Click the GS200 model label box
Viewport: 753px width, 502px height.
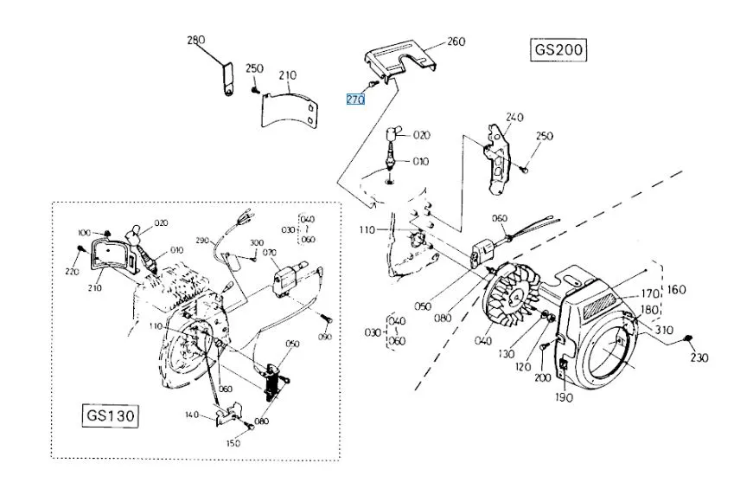(558, 49)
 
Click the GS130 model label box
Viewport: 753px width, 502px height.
(111, 415)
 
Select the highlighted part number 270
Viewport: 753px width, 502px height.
(355, 100)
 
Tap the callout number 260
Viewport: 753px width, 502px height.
(456, 42)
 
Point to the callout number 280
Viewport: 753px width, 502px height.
(196, 40)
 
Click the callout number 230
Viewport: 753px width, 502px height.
(699, 357)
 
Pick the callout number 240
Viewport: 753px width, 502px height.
(514, 117)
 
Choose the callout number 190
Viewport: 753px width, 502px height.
(564, 397)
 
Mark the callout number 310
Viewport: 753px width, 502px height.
(664, 330)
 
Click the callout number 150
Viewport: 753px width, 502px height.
(233, 443)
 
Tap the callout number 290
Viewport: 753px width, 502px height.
(202, 240)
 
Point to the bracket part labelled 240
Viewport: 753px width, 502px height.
(496, 158)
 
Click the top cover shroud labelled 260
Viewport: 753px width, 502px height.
(399, 59)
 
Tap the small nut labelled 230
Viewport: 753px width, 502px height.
(687, 339)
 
